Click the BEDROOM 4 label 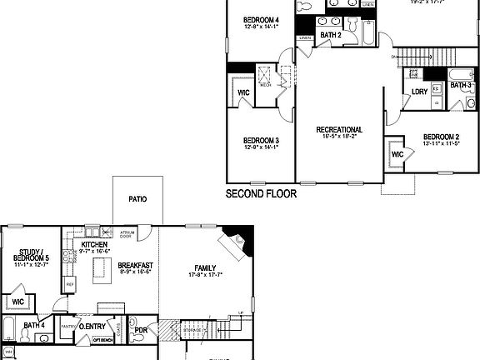tap(261, 19)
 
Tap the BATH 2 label tap(331, 35)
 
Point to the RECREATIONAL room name tap(339, 129)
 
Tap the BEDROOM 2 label tap(441, 137)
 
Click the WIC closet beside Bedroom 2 tap(397, 154)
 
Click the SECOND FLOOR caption tap(261, 193)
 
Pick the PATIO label tap(137, 200)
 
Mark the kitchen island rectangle tap(102, 269)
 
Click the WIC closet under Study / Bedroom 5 tap(17, 301)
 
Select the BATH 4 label tap(33, 325)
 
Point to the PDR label tap(141, 329)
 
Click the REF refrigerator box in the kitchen tap(70, 283)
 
